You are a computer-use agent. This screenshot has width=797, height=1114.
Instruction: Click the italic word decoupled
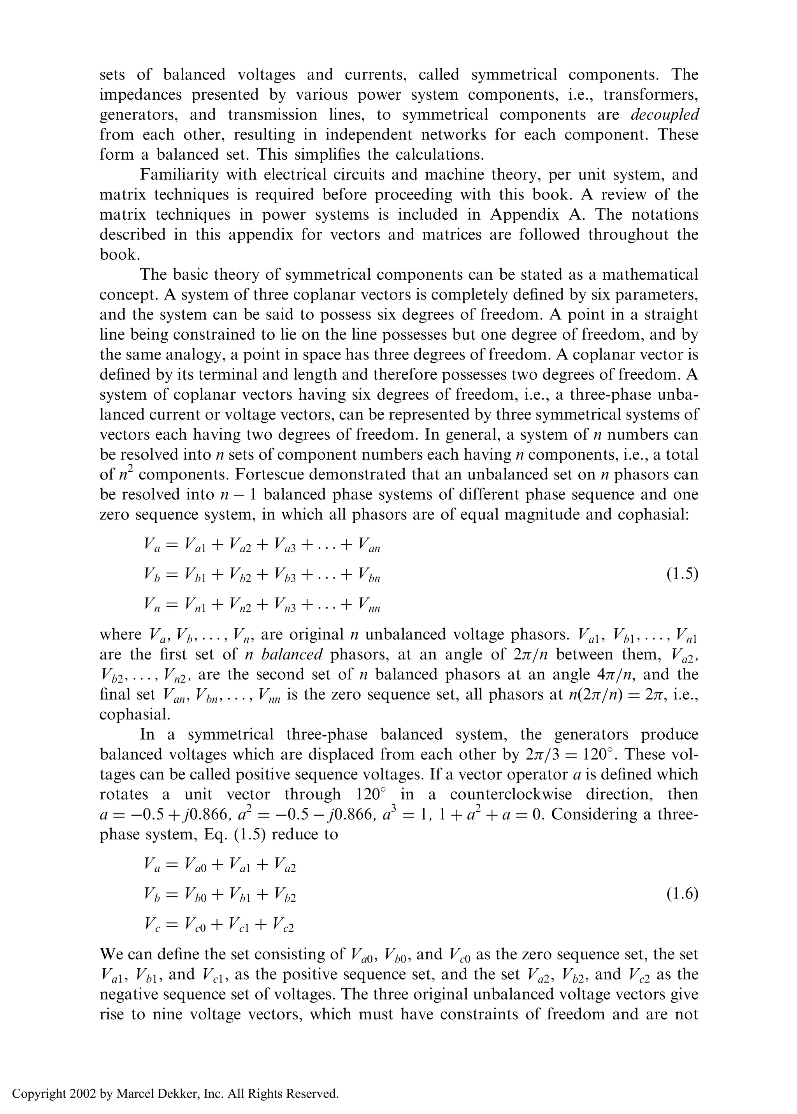point(665,115)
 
